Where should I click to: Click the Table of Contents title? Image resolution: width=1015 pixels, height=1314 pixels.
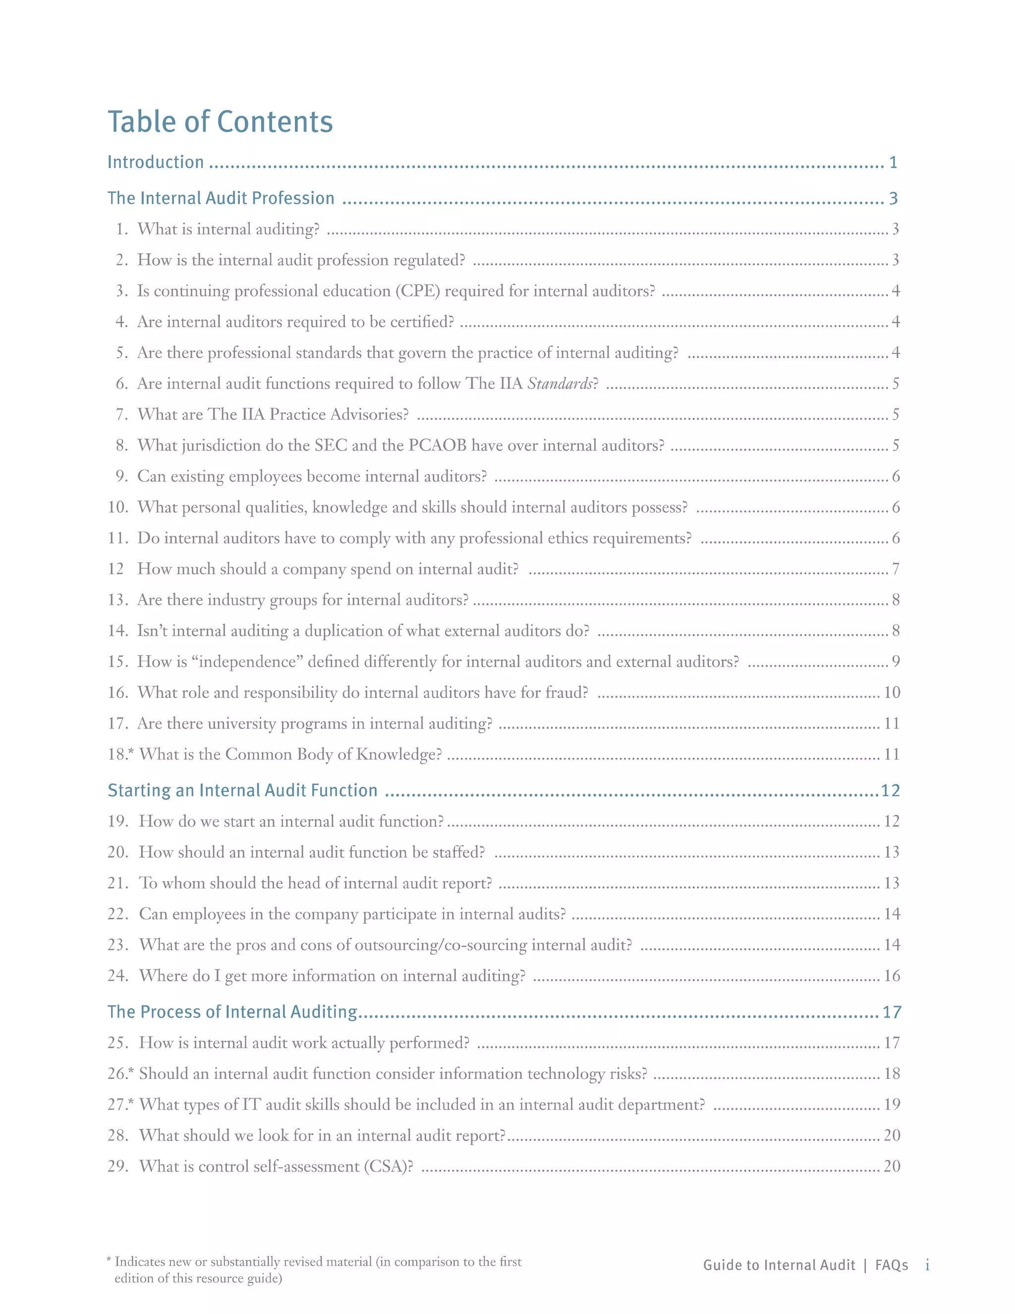pyautogui.click(x=220, y=121)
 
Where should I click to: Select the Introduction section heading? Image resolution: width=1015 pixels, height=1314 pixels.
pyautogui.click(x=156, y=163)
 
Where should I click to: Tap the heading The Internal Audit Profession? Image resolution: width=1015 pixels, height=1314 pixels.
pyautogui.click(x=221, y=198)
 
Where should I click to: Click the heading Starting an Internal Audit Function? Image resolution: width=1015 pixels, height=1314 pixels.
pyautogui.click(x=242, y=790)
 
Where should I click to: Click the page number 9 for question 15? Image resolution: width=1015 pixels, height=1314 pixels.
pyautogui.click(x=896, y=662)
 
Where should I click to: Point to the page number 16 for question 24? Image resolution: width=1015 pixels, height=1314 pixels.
pyautogui.click(x=892, y=975)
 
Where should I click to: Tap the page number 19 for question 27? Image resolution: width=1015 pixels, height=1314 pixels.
pyautogui.click(x=892, y=1104)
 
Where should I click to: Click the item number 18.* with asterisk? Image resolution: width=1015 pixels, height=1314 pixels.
pyautogui.click(x=121, y=755)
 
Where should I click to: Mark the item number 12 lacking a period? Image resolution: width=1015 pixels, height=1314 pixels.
pyautogui.click(x=115, y=569)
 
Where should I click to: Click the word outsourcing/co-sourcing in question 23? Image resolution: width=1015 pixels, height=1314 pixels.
pyautogui.click(x=441, y=945)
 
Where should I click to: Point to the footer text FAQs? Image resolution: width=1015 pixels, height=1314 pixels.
pyautogui.click(x=891, y=1265)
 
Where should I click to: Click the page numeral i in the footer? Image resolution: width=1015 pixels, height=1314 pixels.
pyautogui.click(x=927, y=1265)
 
